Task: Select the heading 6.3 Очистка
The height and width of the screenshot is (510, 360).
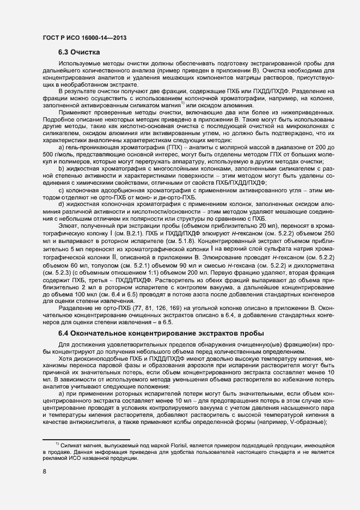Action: coord(78,53)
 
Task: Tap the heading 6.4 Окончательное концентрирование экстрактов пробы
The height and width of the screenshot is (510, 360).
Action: coord(161,333)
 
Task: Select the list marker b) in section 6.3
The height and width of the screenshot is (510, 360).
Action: coord(61,168)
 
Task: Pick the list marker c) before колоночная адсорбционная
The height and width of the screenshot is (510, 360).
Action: coord(61,190)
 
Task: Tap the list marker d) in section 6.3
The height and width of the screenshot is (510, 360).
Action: coord(61,204)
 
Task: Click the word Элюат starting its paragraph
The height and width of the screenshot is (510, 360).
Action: coord(68,225)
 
